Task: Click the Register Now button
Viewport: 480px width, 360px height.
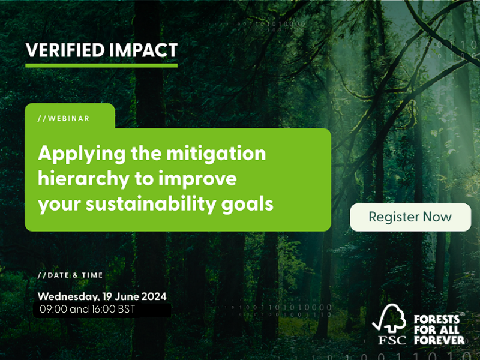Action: click(x=410, y=217)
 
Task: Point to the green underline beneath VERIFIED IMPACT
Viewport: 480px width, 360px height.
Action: click(x=101, y=65)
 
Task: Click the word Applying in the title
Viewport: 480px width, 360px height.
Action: click(x=76, y=154)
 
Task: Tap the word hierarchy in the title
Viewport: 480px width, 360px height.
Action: click(x=76, y=179)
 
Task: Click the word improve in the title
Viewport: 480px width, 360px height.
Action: click(x=203, y=179)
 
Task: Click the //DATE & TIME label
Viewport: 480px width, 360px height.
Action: click(x=70, y=275)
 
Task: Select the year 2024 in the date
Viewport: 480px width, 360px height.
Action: click(x=152, y=296)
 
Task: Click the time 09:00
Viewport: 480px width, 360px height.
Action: click(x=53, y=310)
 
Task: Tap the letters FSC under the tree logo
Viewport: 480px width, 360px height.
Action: click(x=391, y=340)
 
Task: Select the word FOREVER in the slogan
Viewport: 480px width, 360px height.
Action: click(x=439, y=340)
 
